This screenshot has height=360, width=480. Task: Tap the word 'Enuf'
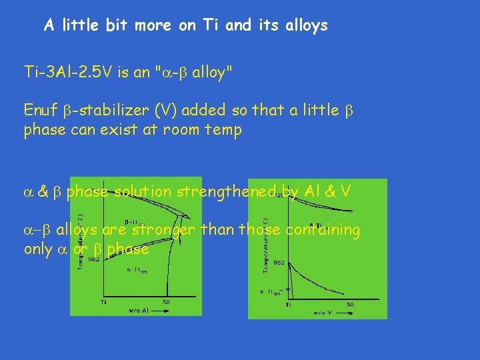(x=41, y=110)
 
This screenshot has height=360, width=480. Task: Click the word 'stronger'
(x=161, y=231)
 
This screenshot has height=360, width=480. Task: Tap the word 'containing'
(x=322, y=231)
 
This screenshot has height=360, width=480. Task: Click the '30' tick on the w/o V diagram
(x=349, y=305)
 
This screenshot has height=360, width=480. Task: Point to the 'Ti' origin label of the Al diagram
(x=104, y=302)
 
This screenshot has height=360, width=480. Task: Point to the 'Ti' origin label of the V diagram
(x=288, y=305)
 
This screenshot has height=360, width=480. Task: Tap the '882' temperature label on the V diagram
(x=279, y=263)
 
